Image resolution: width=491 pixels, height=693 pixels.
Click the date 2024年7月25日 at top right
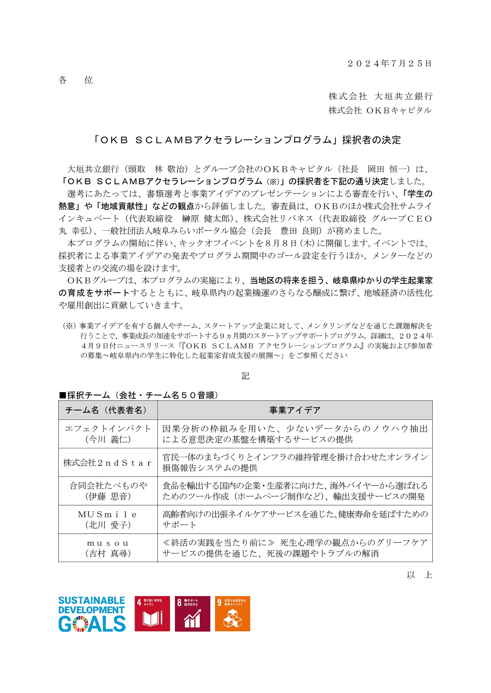click(x=389, y=63)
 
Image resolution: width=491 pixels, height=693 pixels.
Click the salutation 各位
click(x=76, y=80)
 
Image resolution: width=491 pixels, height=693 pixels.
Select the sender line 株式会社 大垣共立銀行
click(x=380, y=97)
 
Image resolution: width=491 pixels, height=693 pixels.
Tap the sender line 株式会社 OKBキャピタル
click(x=380, y=110)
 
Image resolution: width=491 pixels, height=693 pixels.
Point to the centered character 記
click(x=245, y=376)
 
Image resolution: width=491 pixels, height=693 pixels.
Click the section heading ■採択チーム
click(x=138, y=395)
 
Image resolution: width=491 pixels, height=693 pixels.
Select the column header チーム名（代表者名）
click(x=108, y=410)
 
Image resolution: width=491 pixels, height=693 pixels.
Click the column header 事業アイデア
click(x=295, y=410)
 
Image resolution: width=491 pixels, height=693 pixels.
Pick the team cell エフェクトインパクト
click(x=108, y=434)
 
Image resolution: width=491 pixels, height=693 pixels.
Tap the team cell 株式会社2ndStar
click(x=108, y=463)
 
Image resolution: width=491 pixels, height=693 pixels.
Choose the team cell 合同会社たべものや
click(x=108, y=491)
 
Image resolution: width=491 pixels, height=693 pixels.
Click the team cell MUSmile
click(x=108, y=519)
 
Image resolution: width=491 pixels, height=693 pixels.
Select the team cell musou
click(x=108, y=548)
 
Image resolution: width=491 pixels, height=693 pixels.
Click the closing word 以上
click(x=419, y=575)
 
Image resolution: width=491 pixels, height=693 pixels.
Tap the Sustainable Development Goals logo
click(x=92, y=614)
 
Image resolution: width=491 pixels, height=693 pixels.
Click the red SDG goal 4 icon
click(x=152, y=614)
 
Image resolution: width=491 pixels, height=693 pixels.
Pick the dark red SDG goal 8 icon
click(x=192, y=614)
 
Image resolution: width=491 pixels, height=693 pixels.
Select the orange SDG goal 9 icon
click(x=232, y=614)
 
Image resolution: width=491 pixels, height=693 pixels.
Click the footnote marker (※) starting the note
click(x=69, y=326)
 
